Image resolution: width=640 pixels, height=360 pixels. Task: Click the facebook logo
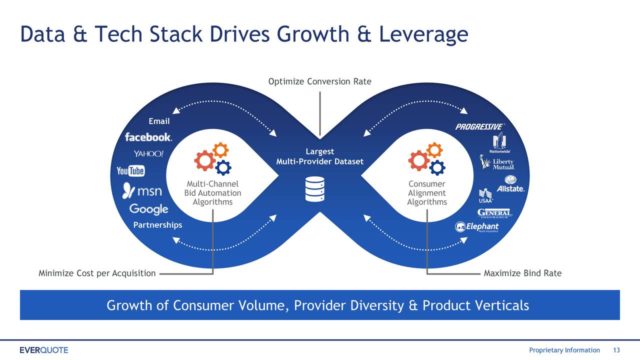[x=148, y=137]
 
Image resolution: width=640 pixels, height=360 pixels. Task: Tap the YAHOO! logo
[x=148, y=153]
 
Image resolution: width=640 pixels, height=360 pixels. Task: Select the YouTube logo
[x=130, y=171]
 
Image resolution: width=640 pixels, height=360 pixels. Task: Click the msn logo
[x=142, y=190]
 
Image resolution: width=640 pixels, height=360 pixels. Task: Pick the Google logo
[x=148, y=209]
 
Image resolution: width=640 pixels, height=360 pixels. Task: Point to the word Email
[x=159, y=121]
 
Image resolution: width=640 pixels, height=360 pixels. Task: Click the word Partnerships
[x=157, y=225]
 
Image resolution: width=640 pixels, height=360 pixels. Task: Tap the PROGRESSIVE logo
[x=480, y=126]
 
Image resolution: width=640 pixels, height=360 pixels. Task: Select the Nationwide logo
[x=499, y=142]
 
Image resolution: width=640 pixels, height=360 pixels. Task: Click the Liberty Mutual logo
[x=497, y=162]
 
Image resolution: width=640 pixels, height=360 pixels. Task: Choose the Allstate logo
[x=510, y=183]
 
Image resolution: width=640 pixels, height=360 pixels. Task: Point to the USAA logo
[x=485, y=196]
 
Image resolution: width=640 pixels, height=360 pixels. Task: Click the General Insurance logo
[x=494, y=213]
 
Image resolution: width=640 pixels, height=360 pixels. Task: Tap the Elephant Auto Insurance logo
[x=476, y=227]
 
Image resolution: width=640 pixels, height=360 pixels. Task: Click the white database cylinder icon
[x=315, y=189]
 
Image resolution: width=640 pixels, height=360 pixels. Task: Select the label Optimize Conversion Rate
[x=319, y=81]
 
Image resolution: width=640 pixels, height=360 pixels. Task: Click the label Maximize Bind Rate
[x=522, y=273]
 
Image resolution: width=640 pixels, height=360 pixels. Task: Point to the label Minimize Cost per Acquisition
[x=97, y=273]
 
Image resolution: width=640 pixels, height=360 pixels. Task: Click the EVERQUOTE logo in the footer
[x=44, y=350]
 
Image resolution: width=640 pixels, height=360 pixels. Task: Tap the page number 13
[x=616, y=350]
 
